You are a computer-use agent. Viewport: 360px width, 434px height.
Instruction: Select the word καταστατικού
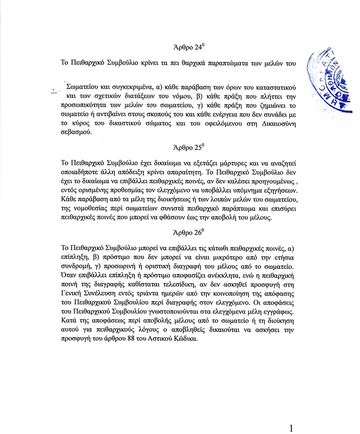pyautogui.click(x=268, y=86)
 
